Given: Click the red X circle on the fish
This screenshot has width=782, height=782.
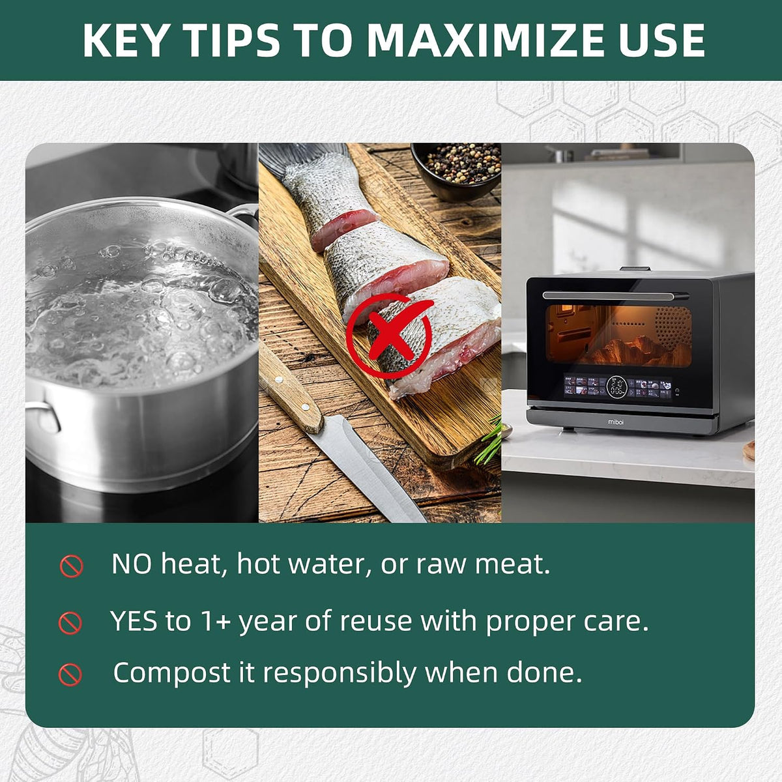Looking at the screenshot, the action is pos(389,336).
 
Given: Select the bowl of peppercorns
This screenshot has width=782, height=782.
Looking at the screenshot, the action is pos(456,171).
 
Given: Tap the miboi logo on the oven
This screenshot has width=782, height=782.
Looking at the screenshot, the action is pos(616,422).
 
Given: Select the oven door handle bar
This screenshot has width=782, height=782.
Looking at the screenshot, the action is pos(616,295).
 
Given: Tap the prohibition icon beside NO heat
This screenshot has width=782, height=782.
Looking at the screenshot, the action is pos(72,566).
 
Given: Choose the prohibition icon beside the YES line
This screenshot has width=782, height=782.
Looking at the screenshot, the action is pos(70,623).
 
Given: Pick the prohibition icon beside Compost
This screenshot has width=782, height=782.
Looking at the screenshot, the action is pos(70,674).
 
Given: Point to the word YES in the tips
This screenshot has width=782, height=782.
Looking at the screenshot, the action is pos(134,621).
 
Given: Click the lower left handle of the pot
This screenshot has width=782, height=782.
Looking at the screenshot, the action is pos(43,416).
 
